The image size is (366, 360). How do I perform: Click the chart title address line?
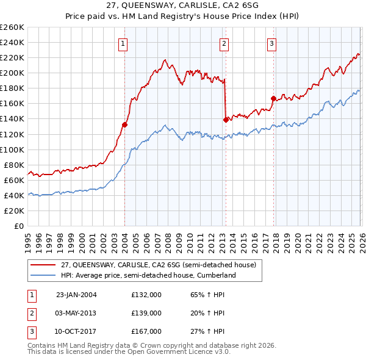(183, 6)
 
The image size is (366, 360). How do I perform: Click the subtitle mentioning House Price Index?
(183, 17)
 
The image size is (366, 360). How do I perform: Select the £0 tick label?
(18, 226)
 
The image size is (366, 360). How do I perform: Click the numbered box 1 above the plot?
(124, 43)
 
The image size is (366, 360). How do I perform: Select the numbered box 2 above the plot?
(224, 43)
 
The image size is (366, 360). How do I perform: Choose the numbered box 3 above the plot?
(271, 43)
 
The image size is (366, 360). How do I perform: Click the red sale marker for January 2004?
(124, 124)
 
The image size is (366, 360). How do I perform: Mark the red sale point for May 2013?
(225, 120)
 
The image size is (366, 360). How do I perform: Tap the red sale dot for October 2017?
(273, 98)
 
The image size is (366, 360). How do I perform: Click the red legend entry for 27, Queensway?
(162, 265)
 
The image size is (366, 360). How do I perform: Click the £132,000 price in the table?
(146, 295)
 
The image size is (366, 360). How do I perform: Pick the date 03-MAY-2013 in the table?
(76, 313)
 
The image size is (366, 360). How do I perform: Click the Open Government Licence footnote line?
(129, 352)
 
